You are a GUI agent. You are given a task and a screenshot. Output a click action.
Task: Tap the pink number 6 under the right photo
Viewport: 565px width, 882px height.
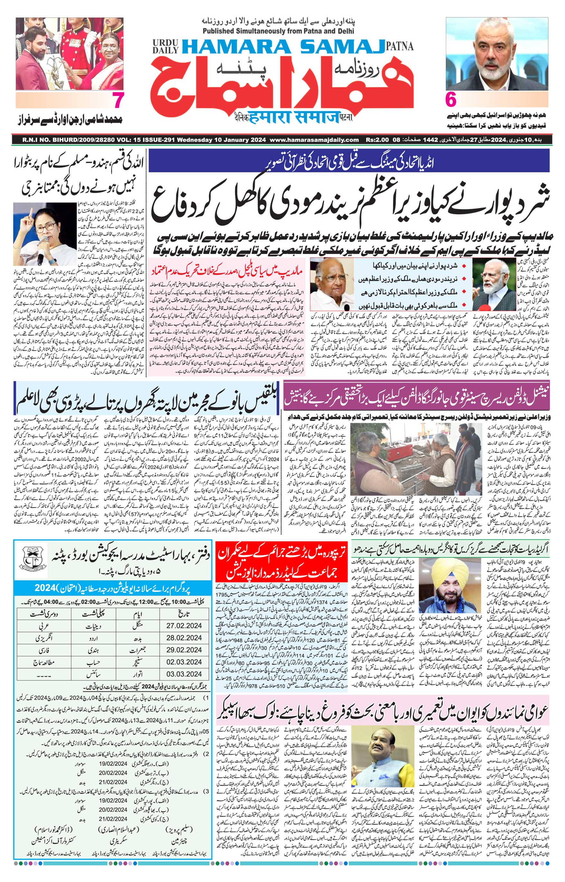pos(451,100)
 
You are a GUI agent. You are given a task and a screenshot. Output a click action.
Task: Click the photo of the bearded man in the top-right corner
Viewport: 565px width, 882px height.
pos(497,53)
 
